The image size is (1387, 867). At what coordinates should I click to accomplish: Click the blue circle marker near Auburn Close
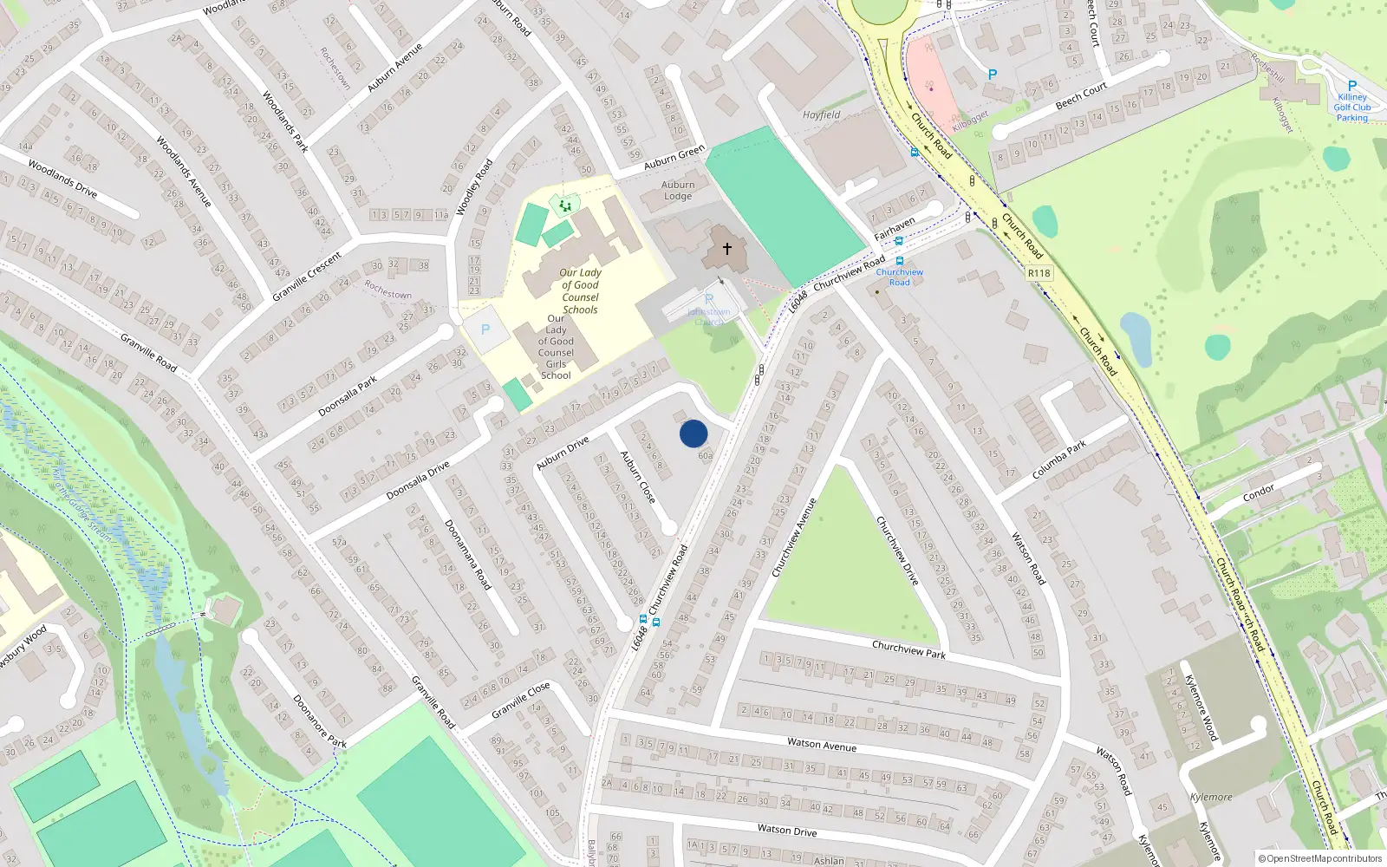pyautogui.click(x=693, y=433)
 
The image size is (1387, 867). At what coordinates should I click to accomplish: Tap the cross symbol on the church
pyautogui.click(x=726, y=248)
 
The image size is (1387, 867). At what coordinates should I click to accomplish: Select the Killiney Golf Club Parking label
pyautogui.click(x=1351, y=107)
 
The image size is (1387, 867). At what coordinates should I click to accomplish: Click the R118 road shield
pyautogui.click(x=1039, y=273)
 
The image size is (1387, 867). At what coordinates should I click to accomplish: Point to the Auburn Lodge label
pyautogui.click(x=678, y=190)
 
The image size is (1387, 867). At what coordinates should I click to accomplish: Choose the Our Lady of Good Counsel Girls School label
pyautogui.click(x=556, y=347)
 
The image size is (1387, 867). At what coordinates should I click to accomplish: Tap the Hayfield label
pyautogui.click(x=821, y=114)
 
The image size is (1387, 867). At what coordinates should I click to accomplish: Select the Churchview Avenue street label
pyautogui.click(x=794, y=538)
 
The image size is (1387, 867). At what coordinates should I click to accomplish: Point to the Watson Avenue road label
pyautogui.click(x=821, y=745)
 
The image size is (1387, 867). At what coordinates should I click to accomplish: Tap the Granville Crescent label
pyautogui.click(x=307, y=277)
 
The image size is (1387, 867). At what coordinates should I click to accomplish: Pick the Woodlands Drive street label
pyautogui.click(x=62, y=178)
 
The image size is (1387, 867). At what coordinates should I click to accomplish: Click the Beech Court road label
pyautogui.click(x=1081, y=96)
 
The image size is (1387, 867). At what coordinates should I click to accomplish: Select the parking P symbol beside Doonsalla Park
pyautogui.click(x=485, y=329)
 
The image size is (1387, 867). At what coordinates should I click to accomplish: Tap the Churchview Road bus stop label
pyautogui.click(x=899, y=277)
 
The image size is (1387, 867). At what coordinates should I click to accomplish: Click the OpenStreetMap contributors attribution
pyautogui.click(x=1319, y=858)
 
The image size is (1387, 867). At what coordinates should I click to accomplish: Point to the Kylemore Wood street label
pyautogui.click(x=1201, y=707)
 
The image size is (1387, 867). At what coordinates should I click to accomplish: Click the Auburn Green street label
pyautogui.click(x=674, y=158)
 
